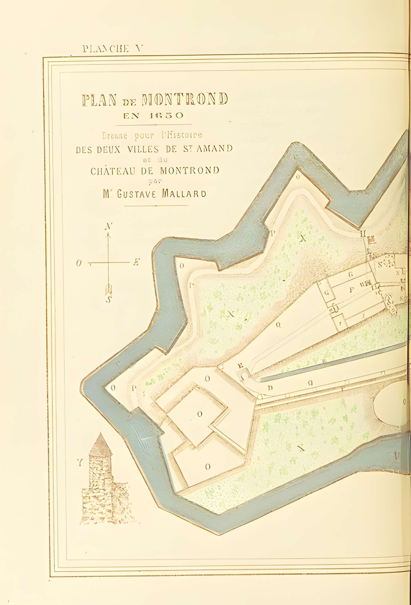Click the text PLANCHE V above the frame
(x=113, y=49)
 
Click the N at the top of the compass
(x=109, y=226)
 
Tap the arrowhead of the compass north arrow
(x=109, y=236)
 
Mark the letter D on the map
(x=270, y=388)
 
